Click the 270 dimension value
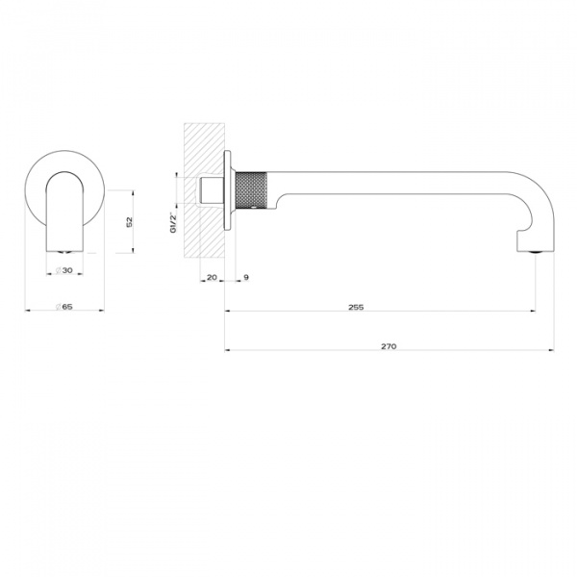pyautogui.click(x=389, y=345)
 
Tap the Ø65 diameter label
pyautogui.click(x=64, y=307)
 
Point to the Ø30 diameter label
pyautogui.click(x=63, y=271)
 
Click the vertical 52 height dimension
pyautogui.click(x=130, y=221)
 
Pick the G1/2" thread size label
pyautogui.click(x=174, y=222)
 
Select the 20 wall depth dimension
pyautogui.click(x=212, y=278)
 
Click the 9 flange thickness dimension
pyautogui.click(x=246, y=278)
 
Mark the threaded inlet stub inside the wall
pyautogui.click(x=207, y=189)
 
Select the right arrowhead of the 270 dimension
pyautogui.click(x=552, y=350)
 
